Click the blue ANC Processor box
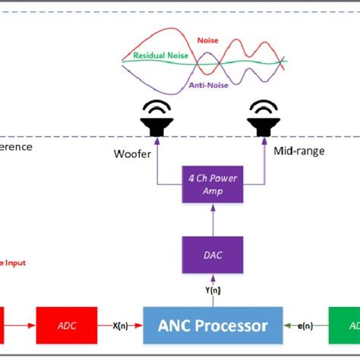point(213,325)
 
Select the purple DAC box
point(213,254)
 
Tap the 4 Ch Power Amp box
point(213,183)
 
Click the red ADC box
point(66,325)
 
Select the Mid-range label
point(298,151)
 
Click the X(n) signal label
point(121,325)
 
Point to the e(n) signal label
point(305,325)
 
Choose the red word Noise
point(207,39)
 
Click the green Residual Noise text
point(161,55)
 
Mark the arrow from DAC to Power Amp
point(213,220)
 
